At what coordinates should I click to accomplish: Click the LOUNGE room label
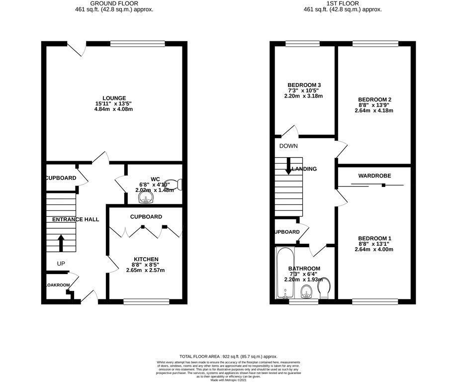(x=114, y=98)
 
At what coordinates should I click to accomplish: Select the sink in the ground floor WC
(x=146, y=198)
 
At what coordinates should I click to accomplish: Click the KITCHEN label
(x=146, y=259)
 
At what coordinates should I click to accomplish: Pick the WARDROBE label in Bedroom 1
(x=374, y=176)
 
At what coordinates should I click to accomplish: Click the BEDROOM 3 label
(x=304, y=85)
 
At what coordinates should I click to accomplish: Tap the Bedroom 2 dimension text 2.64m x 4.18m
(x=374, y=110)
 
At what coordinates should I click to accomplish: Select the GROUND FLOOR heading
(x=114, y=3)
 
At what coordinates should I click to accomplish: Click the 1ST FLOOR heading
(x=343, y=3)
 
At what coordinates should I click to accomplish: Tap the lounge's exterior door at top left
(x=77, y=48)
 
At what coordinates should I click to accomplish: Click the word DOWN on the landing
(x=288, y=146)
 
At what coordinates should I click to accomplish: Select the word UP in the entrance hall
(x=61, y=263)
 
